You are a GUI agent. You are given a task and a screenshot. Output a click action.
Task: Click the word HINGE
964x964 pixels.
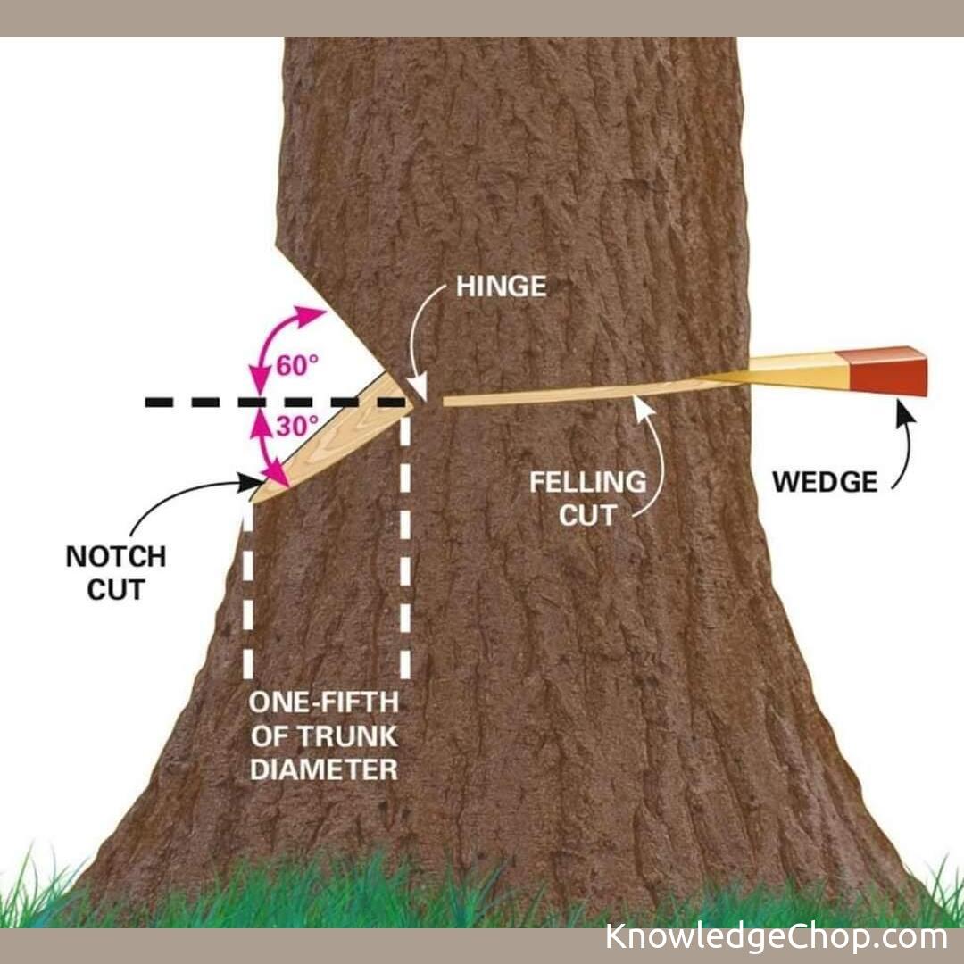pyautogui.click(x=501, y=287)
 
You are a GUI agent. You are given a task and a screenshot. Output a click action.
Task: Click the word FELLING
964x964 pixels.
pyautogui.click(x=587, y=483)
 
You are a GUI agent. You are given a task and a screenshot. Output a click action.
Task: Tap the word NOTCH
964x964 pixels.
pyautogui.click(x=116, y=557)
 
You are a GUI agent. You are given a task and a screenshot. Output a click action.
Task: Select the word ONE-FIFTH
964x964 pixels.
pyautogui.click(x=323, y=702)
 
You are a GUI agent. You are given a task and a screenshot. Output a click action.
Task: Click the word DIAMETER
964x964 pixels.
pyautogui.click(x=323, y=769)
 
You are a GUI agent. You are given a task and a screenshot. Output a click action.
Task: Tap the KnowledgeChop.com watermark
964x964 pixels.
pyautogui.click(x=776, y=937)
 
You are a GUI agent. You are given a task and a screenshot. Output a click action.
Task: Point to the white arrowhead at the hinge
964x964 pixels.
pyautogui.click(x=420, y=393)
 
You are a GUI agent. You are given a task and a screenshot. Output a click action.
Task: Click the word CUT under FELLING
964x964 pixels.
pyautogui.click(x=587, y=515)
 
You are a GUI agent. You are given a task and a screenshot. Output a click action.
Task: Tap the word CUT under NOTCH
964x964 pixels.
pyautogui.click(x=116, y=590)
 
